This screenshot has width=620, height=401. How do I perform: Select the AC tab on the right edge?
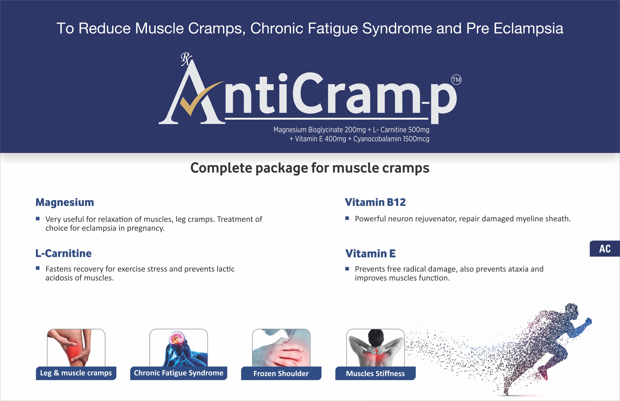[x=605, y=249]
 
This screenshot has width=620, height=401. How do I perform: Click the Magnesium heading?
[x=65, y=202]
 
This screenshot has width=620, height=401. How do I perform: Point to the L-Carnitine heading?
[x=63, y=253]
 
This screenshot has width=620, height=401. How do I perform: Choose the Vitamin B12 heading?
[x=375, y=202]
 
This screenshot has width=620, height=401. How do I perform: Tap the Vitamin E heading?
[x=370, y=253]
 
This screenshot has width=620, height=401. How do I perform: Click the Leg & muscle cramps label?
[x=76, y=373]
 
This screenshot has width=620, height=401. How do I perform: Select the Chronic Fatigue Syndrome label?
[x=178, y=373]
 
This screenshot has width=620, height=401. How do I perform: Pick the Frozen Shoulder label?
[x=281, y=373]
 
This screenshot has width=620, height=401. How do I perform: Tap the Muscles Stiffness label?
[x=375, y=373]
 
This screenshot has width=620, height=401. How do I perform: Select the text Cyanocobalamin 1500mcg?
[x=391, y=139]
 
